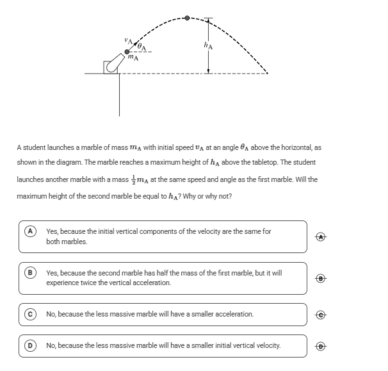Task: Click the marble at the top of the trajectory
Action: pyautogui.click(x=187, y=18)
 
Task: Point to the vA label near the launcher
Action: pyautogui.click(x=128, y=41)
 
